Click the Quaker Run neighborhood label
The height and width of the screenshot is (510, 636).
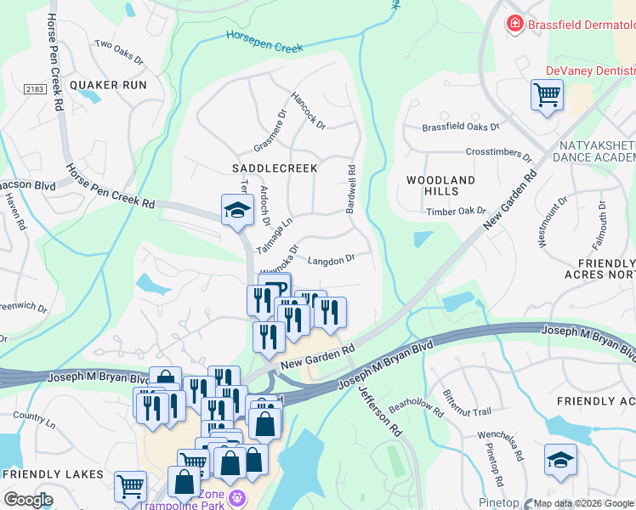coord(108,85)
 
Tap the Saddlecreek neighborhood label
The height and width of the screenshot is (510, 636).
coord(275,168)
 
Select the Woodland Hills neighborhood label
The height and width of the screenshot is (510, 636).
coord(440,186)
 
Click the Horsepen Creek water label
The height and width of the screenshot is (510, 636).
coord(264,41)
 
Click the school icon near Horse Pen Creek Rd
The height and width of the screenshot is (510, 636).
coord(237,210)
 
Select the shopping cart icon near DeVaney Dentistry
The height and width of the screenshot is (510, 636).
coord(547,94)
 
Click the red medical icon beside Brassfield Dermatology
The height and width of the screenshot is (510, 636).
coord(514,24)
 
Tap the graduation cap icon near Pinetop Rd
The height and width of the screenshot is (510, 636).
coord(559,460)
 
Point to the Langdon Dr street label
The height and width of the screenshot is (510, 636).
coord(330,260)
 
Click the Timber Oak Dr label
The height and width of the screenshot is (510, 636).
coord(456,212)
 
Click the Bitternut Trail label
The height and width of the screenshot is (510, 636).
coord(467,406)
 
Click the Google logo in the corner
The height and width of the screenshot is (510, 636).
coord(27,500)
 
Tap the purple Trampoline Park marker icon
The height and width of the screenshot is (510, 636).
coord(237,496)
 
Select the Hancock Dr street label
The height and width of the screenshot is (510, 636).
coord(309,111)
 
